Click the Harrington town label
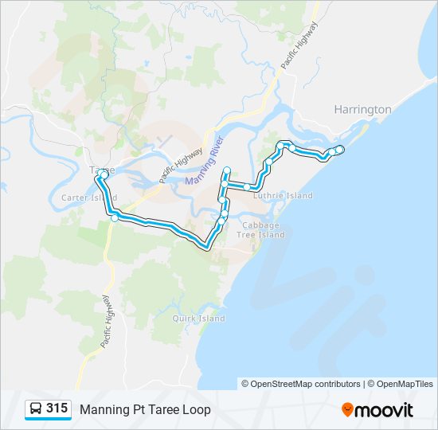362,109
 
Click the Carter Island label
89,197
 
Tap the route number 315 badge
57,408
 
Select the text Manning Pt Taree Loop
145,409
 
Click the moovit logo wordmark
385,410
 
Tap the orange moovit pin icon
348,410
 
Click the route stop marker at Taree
104,173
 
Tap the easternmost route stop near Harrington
340,150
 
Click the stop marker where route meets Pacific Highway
115,217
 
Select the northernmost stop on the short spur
227,170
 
